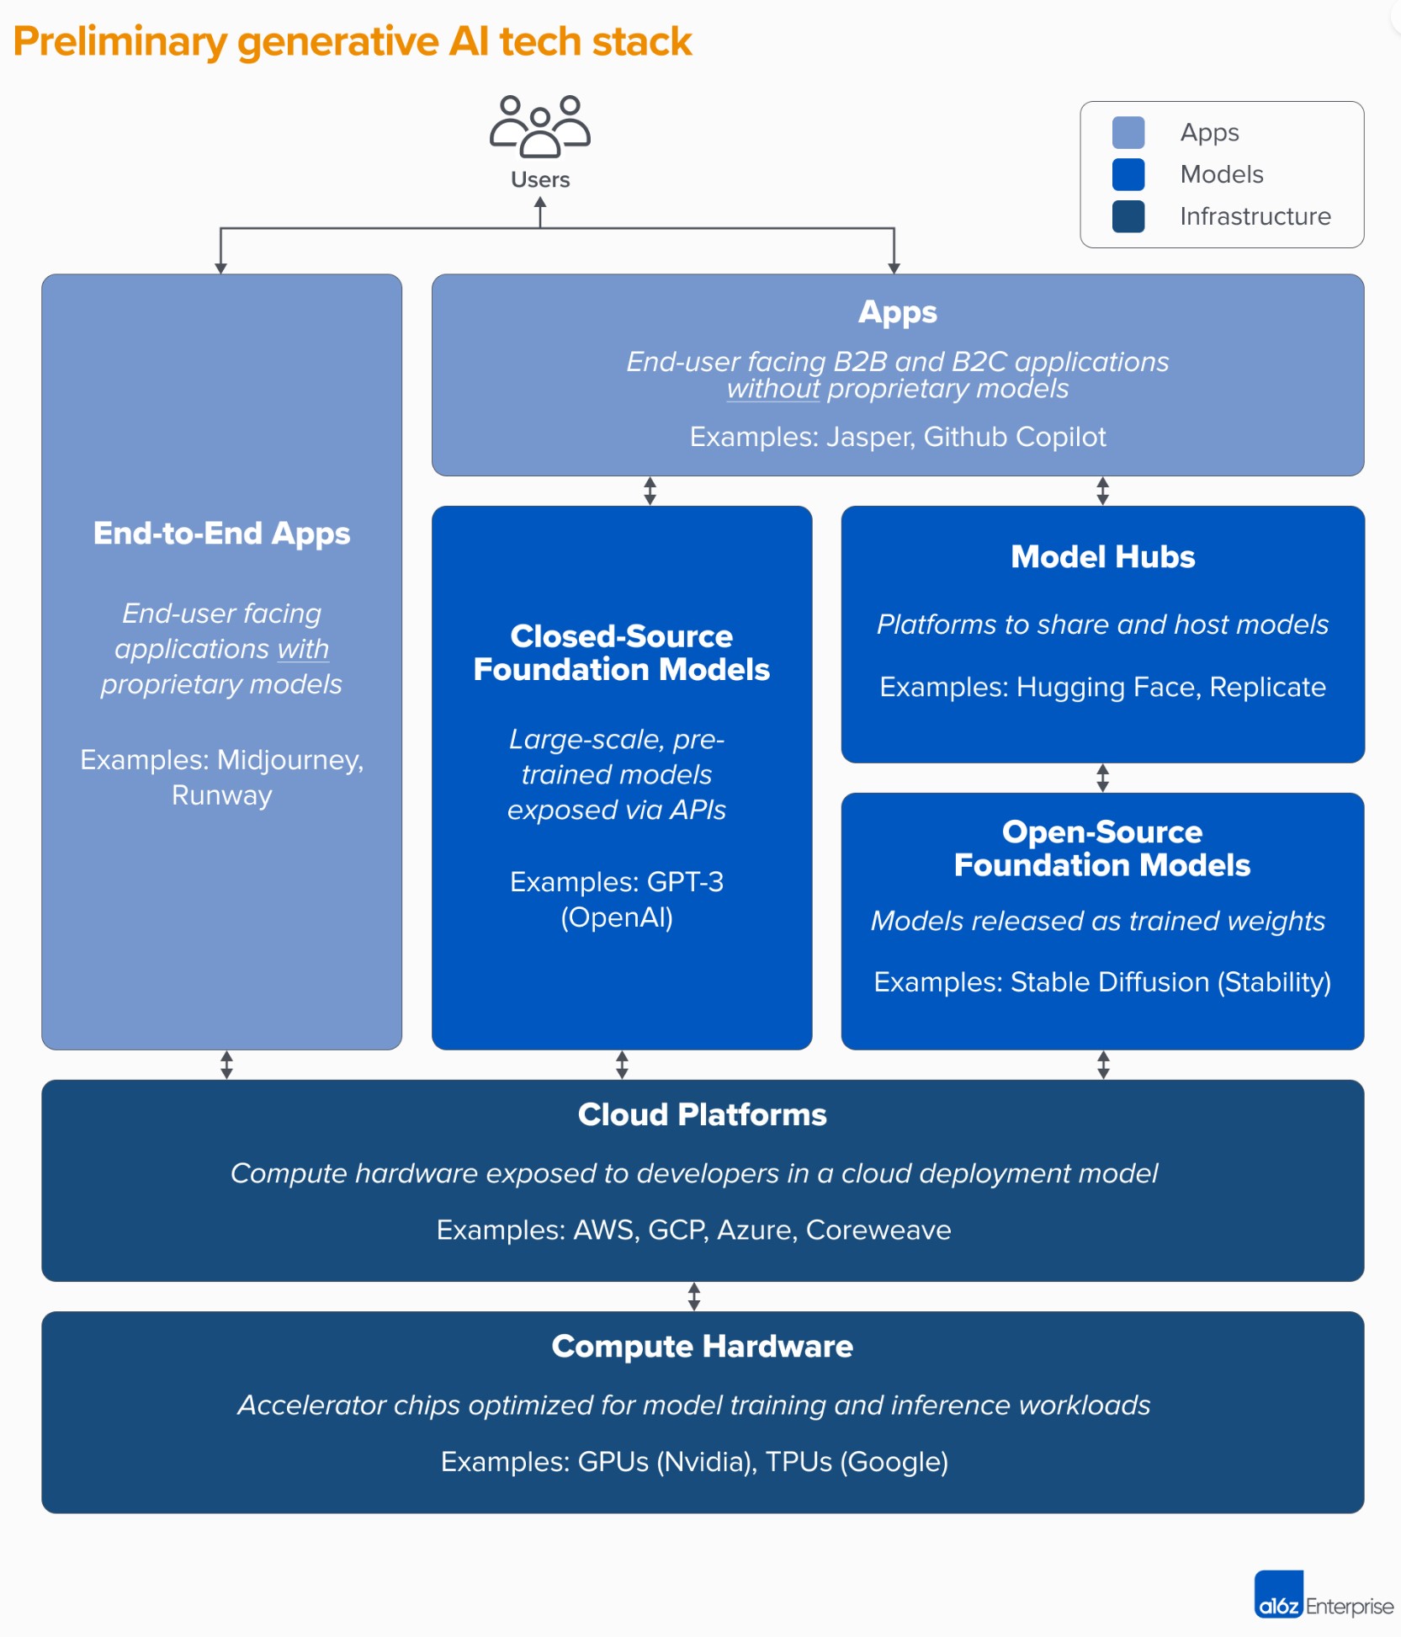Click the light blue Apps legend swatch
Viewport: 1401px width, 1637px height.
point(1128,132)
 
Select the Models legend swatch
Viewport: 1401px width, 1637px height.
point(1128,174)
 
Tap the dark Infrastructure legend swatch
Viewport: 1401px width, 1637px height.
point(1128,216)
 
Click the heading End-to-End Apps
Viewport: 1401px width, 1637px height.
point(221,534)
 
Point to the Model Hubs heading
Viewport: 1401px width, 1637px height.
point(1102,556)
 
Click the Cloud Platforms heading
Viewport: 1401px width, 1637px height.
point(702,1114)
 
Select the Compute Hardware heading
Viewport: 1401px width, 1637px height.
point(702,1347)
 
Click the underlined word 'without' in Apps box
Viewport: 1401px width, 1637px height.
point(773,389)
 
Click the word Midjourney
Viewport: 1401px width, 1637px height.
point(290,761)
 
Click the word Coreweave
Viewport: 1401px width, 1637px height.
point(878,1230)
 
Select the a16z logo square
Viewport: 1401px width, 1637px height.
point(1278,1594)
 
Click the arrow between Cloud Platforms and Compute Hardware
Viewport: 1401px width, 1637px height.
point(693,1297)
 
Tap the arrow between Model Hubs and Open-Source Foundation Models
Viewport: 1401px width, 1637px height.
point(1102,778)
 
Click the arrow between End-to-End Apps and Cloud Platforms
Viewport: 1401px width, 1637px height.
point(226,1065)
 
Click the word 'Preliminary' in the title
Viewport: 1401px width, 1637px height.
point(120,42)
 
